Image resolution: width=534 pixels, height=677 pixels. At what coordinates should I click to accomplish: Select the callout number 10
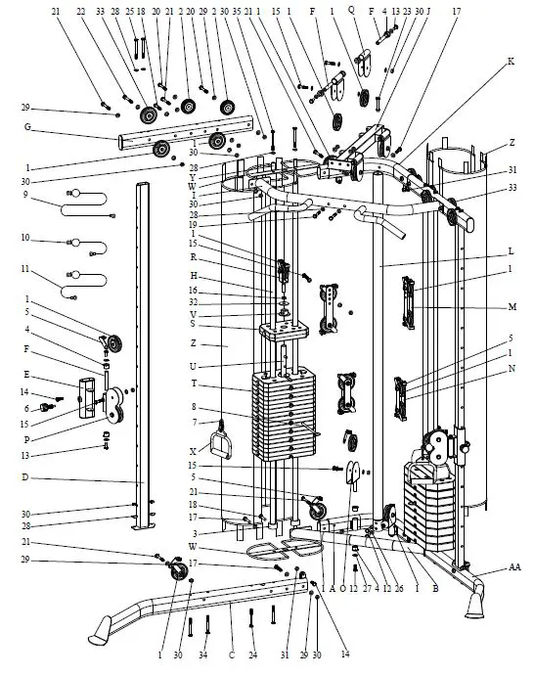(x=26, y=238)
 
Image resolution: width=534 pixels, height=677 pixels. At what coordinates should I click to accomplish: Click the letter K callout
(x=510, y=62)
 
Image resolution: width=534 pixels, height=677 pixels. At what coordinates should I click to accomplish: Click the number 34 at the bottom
(x=203, y=654)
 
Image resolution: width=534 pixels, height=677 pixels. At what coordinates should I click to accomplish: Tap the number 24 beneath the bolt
(x=252, y=654)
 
